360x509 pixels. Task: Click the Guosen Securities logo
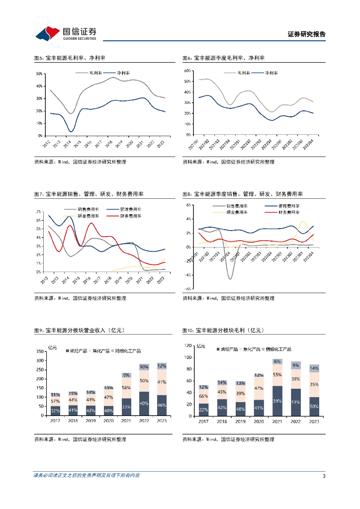pos(66,33)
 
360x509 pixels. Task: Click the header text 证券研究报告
pos(307,34)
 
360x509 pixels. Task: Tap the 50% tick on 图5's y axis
pos(39,74)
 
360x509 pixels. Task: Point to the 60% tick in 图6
pos(187,71)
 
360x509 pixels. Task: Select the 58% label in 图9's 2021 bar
pos(126,387)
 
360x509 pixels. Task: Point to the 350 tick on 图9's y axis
pos(39,351)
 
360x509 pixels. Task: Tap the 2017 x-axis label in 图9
pos(55,421)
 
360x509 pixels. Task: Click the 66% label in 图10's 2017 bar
pos(204,396)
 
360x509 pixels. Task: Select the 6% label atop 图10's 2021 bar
pos(277,361)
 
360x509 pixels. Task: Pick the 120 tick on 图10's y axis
pos(187,345)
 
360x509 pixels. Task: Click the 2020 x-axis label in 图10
pos(259,421)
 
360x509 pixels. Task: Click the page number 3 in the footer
pos(324,476)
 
